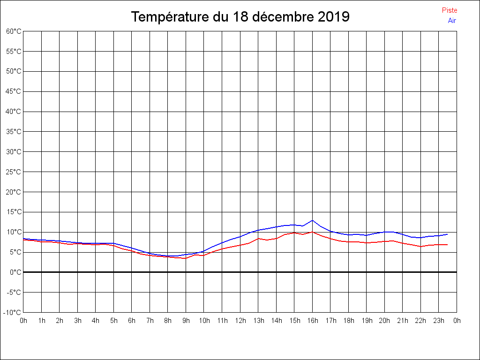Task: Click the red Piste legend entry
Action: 449,10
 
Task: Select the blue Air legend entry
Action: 452,21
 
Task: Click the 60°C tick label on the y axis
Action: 14,31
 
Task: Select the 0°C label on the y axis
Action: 15,272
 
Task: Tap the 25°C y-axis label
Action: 14,172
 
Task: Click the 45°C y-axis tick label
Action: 14,91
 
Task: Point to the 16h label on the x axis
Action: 312,321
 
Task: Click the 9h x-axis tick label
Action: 186,321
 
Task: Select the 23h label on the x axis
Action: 438,321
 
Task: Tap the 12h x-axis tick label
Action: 240,321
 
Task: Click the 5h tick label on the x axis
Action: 113,321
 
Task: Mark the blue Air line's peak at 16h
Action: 312,220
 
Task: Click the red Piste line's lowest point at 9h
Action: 186,258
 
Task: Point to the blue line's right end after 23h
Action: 447,234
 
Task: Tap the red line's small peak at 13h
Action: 258,239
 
